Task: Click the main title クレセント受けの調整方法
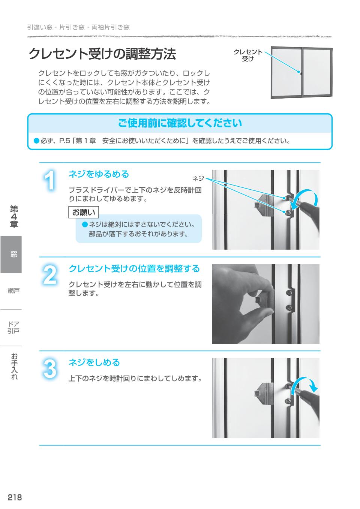pyautogui.click(x=102, y=54)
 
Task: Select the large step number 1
pyautogui.click(x=50, y=181)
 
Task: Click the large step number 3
pyautogui.click(x=50, y=369)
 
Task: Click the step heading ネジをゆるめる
pyautogui.click(x=99, y=174)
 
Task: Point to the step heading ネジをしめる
pyautogui.click(x=94, y=362)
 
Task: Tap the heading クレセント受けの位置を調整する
pyautogui.click(x=134, y=269)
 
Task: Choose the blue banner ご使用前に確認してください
pyautogui.click(x=180, y=123)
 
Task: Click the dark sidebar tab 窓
pyautogui.click(x=13, y=254)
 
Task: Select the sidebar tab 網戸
pyautogui.click(x=13, y=290)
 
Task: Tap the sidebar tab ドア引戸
pyautogui.click(x=13, y=327)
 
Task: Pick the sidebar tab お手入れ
pyautogui.click(x=14, y=367)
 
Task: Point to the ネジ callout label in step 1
pyautogui.click(x=198, y=179)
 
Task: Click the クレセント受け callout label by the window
pyautogui.click(x=248, y=55)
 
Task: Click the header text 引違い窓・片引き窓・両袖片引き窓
pyautogui.click(x=78, y=27)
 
